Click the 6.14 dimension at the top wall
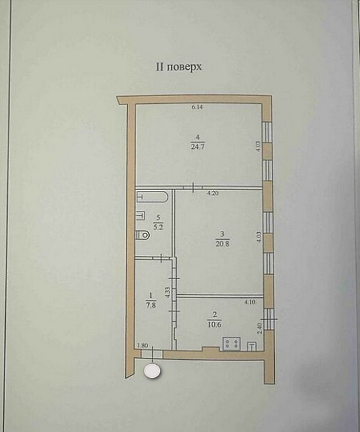[196, 107]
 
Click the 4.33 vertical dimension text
[166, 292]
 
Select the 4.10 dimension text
[249, 301]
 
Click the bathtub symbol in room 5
[153, 196]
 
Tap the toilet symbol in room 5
[143, 236]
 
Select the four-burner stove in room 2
[232, 344]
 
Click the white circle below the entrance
[153, 371]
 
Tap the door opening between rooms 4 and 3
[193, 187]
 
